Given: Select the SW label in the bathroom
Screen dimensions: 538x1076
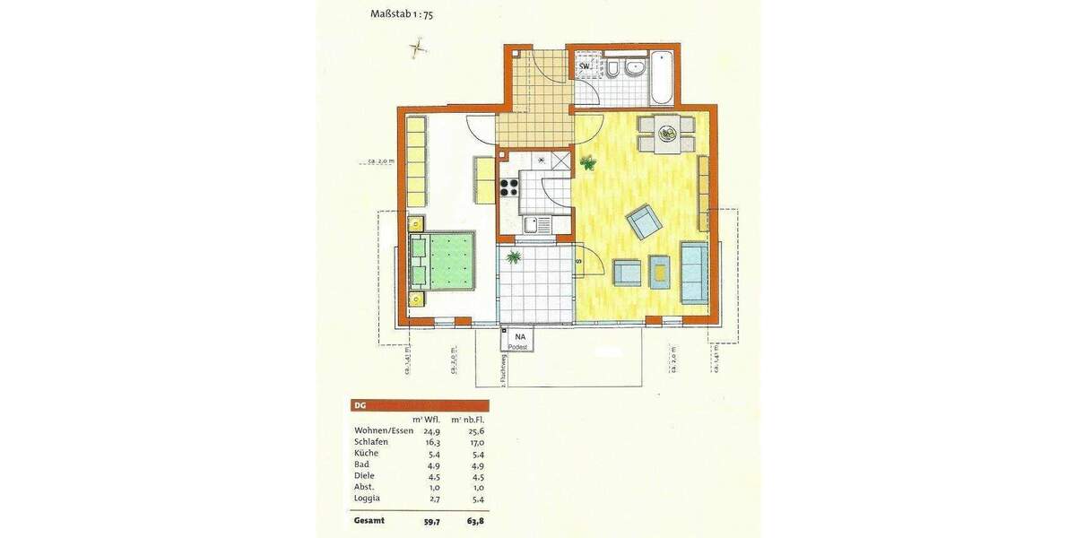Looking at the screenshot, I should point(584,66).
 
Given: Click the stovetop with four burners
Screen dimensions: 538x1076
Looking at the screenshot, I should point(509,187).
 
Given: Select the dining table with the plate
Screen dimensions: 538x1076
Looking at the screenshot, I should point(666,134).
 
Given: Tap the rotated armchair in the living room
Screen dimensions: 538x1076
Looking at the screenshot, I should point(643,221).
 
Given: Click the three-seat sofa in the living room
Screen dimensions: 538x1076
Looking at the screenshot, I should point(693,273).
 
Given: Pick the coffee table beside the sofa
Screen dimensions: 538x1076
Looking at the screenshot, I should point(659,271).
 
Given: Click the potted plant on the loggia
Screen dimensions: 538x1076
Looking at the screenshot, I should point(515,258).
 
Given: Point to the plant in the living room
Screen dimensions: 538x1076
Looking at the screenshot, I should point(588,162).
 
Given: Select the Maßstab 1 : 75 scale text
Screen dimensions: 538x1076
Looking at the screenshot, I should point(401,14).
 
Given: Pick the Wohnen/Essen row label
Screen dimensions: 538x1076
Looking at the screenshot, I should point(383,431).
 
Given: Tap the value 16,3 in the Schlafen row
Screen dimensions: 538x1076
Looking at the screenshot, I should point(431,442).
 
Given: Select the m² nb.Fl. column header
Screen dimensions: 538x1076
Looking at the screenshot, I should point(467,419).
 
